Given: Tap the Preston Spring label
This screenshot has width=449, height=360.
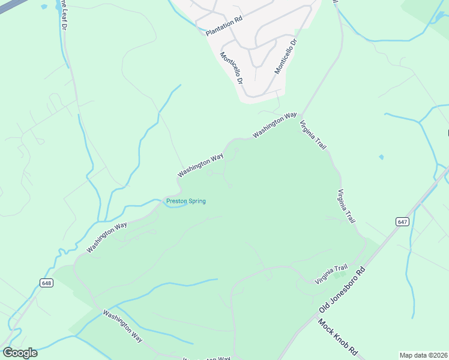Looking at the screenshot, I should pos(186,201).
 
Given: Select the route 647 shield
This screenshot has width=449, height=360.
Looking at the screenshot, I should pos(402,221).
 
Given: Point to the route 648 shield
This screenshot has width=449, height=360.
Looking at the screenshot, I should pos(47,282).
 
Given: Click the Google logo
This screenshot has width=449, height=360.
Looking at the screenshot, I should pos(20,353).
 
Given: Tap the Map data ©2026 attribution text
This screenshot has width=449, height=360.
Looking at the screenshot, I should pos(423,355).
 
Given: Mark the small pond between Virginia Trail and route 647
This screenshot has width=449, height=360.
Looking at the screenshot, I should pos(381,157).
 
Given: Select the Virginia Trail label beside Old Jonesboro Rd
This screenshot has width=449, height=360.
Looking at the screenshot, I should pos(332,275).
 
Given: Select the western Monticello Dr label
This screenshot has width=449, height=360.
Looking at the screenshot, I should pos(231,68).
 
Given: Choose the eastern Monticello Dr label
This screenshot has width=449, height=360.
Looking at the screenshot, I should pos(286,56).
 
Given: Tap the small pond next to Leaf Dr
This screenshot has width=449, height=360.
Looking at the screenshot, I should pos(44,7).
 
